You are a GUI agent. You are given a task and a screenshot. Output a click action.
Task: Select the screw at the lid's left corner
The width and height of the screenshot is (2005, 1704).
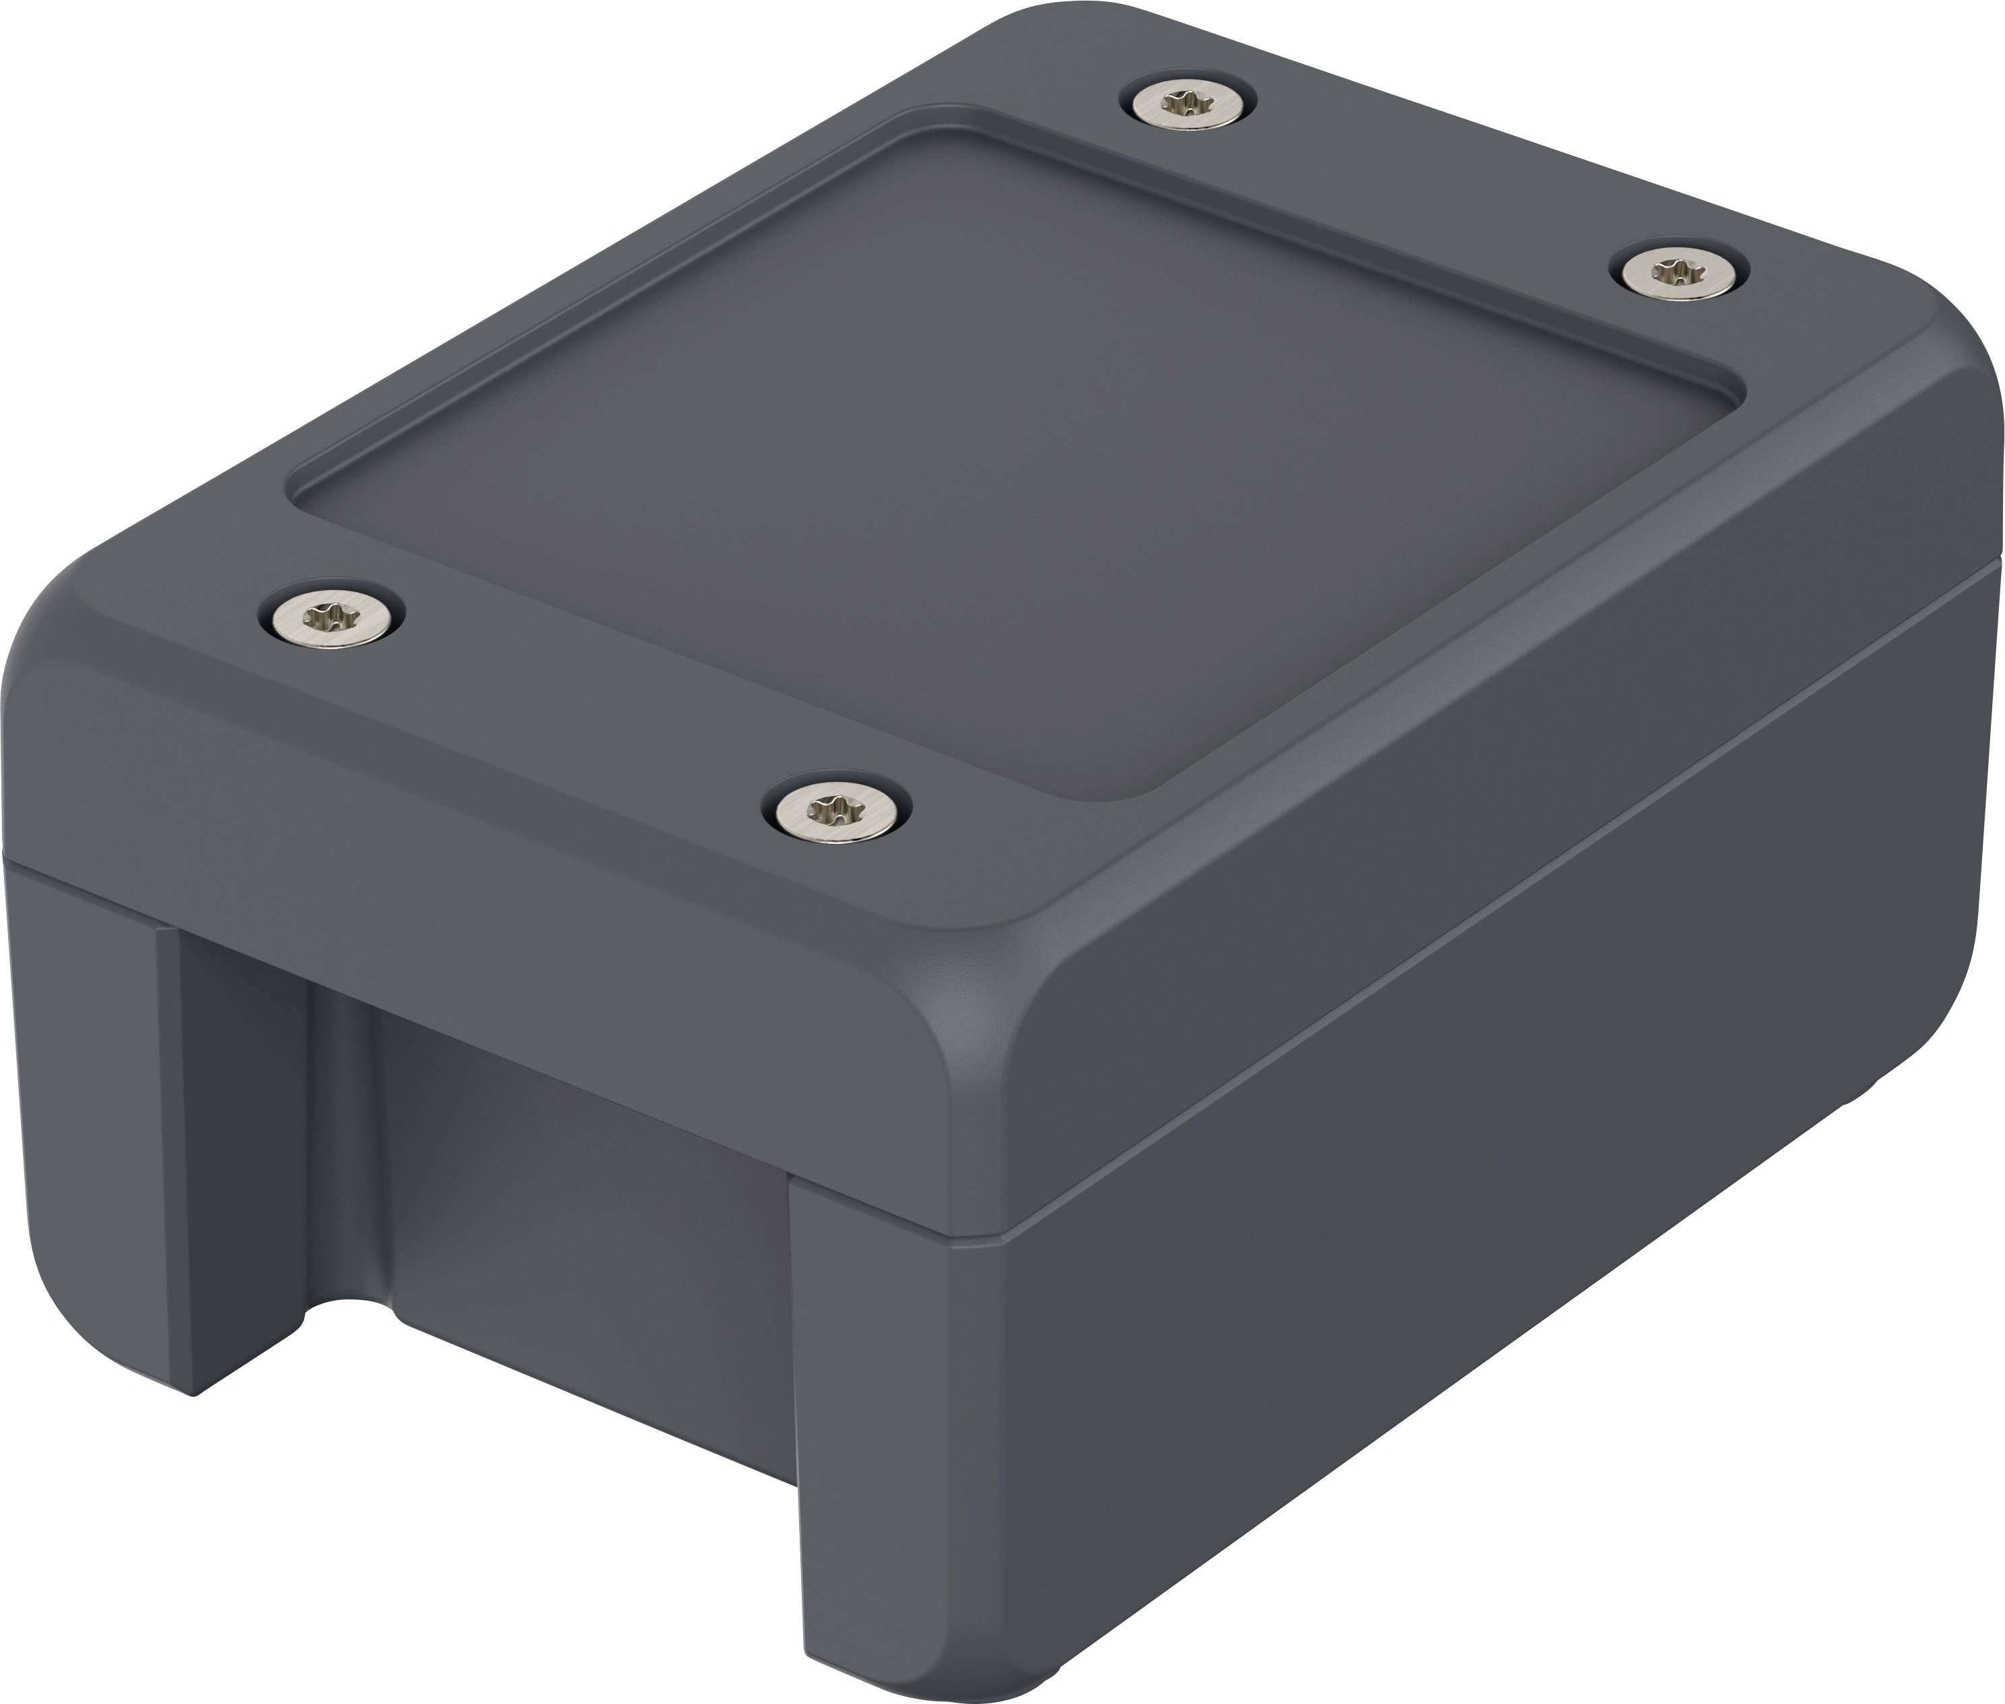click(331, 612)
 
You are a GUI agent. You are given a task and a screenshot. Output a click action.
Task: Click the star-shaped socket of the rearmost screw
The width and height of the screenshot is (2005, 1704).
click(1188, 100)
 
